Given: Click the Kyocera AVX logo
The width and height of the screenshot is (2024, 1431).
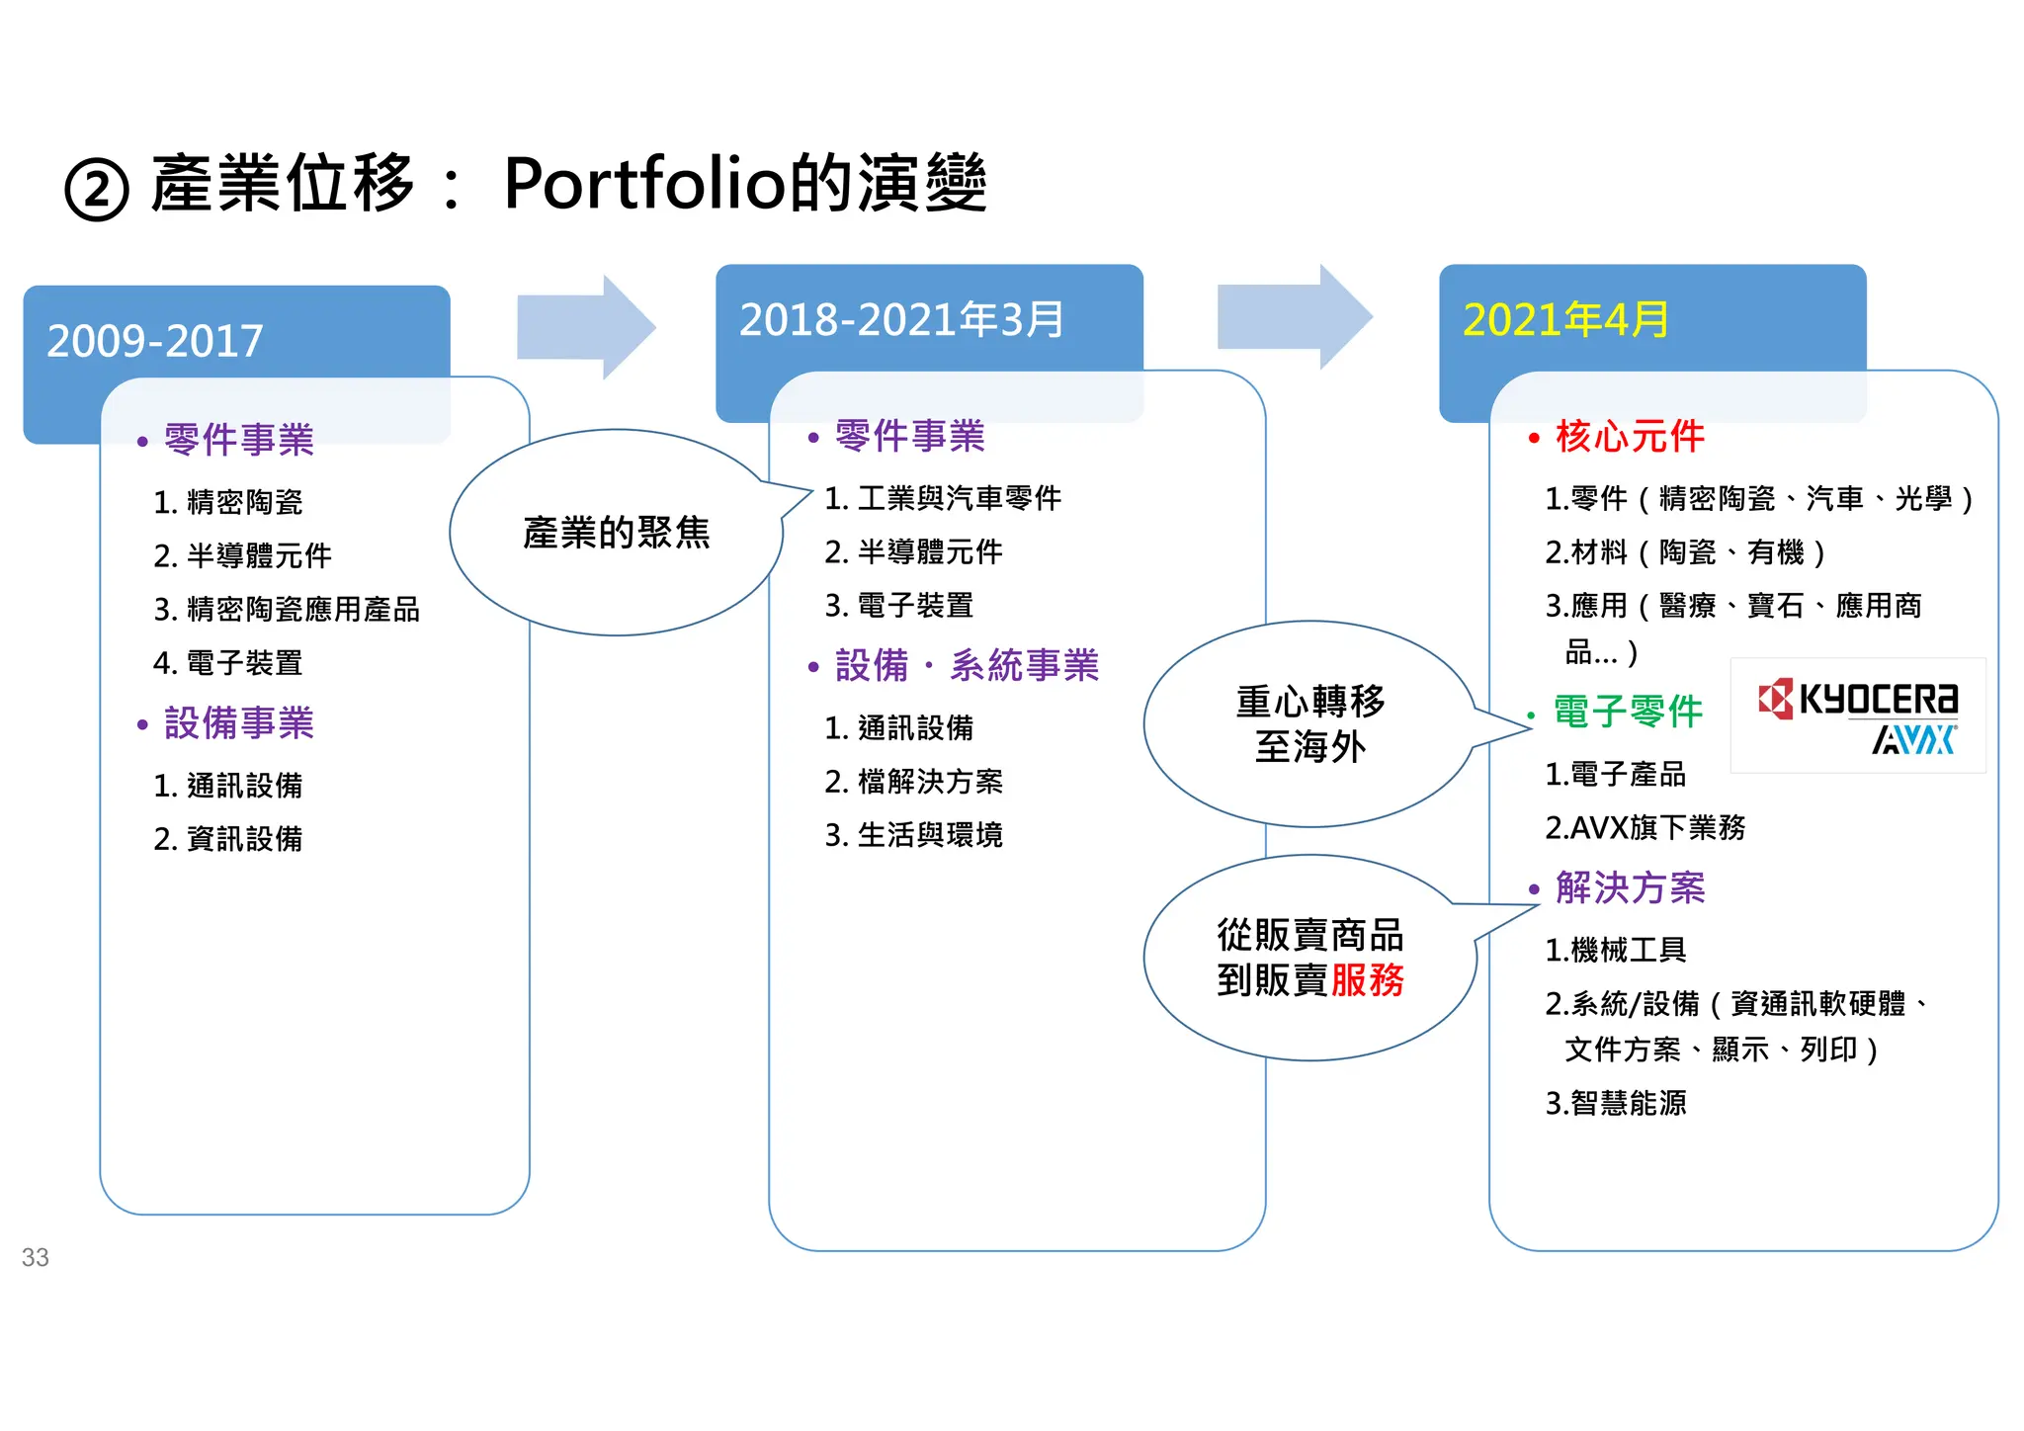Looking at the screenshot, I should (1858, 715).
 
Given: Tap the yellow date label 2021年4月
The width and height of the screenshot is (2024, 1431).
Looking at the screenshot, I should (1565, 319).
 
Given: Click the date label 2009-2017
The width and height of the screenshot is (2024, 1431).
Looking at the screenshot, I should (155, 341).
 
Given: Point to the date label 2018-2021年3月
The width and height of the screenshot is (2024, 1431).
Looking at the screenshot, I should (901, 319).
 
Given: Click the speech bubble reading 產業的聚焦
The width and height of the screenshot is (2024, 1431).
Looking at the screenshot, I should (617, 533).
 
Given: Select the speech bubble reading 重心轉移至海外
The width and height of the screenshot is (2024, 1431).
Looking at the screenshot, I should (1309, 724).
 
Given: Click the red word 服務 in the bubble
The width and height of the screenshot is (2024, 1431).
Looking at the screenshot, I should (1367, 980).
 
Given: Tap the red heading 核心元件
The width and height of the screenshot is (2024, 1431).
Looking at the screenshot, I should (1630, 436).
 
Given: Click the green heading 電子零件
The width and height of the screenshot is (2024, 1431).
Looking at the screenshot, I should (1628, 711).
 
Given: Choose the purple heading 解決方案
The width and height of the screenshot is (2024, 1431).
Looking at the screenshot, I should (1630, 887).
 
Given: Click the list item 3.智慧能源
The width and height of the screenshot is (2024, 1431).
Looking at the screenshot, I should (1616, 1103).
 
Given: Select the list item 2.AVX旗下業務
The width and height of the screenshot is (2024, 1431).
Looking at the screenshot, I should (1645, 827).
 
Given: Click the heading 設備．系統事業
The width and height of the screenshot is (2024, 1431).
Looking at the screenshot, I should (967, 665).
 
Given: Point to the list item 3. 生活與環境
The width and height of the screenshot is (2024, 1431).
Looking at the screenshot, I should (914, 835).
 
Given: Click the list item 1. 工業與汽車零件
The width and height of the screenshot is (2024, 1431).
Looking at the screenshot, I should (943, 498).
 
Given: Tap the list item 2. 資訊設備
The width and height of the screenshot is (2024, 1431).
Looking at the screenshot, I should (228, 839).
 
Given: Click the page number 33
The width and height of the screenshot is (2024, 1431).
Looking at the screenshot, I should (36, 1257).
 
